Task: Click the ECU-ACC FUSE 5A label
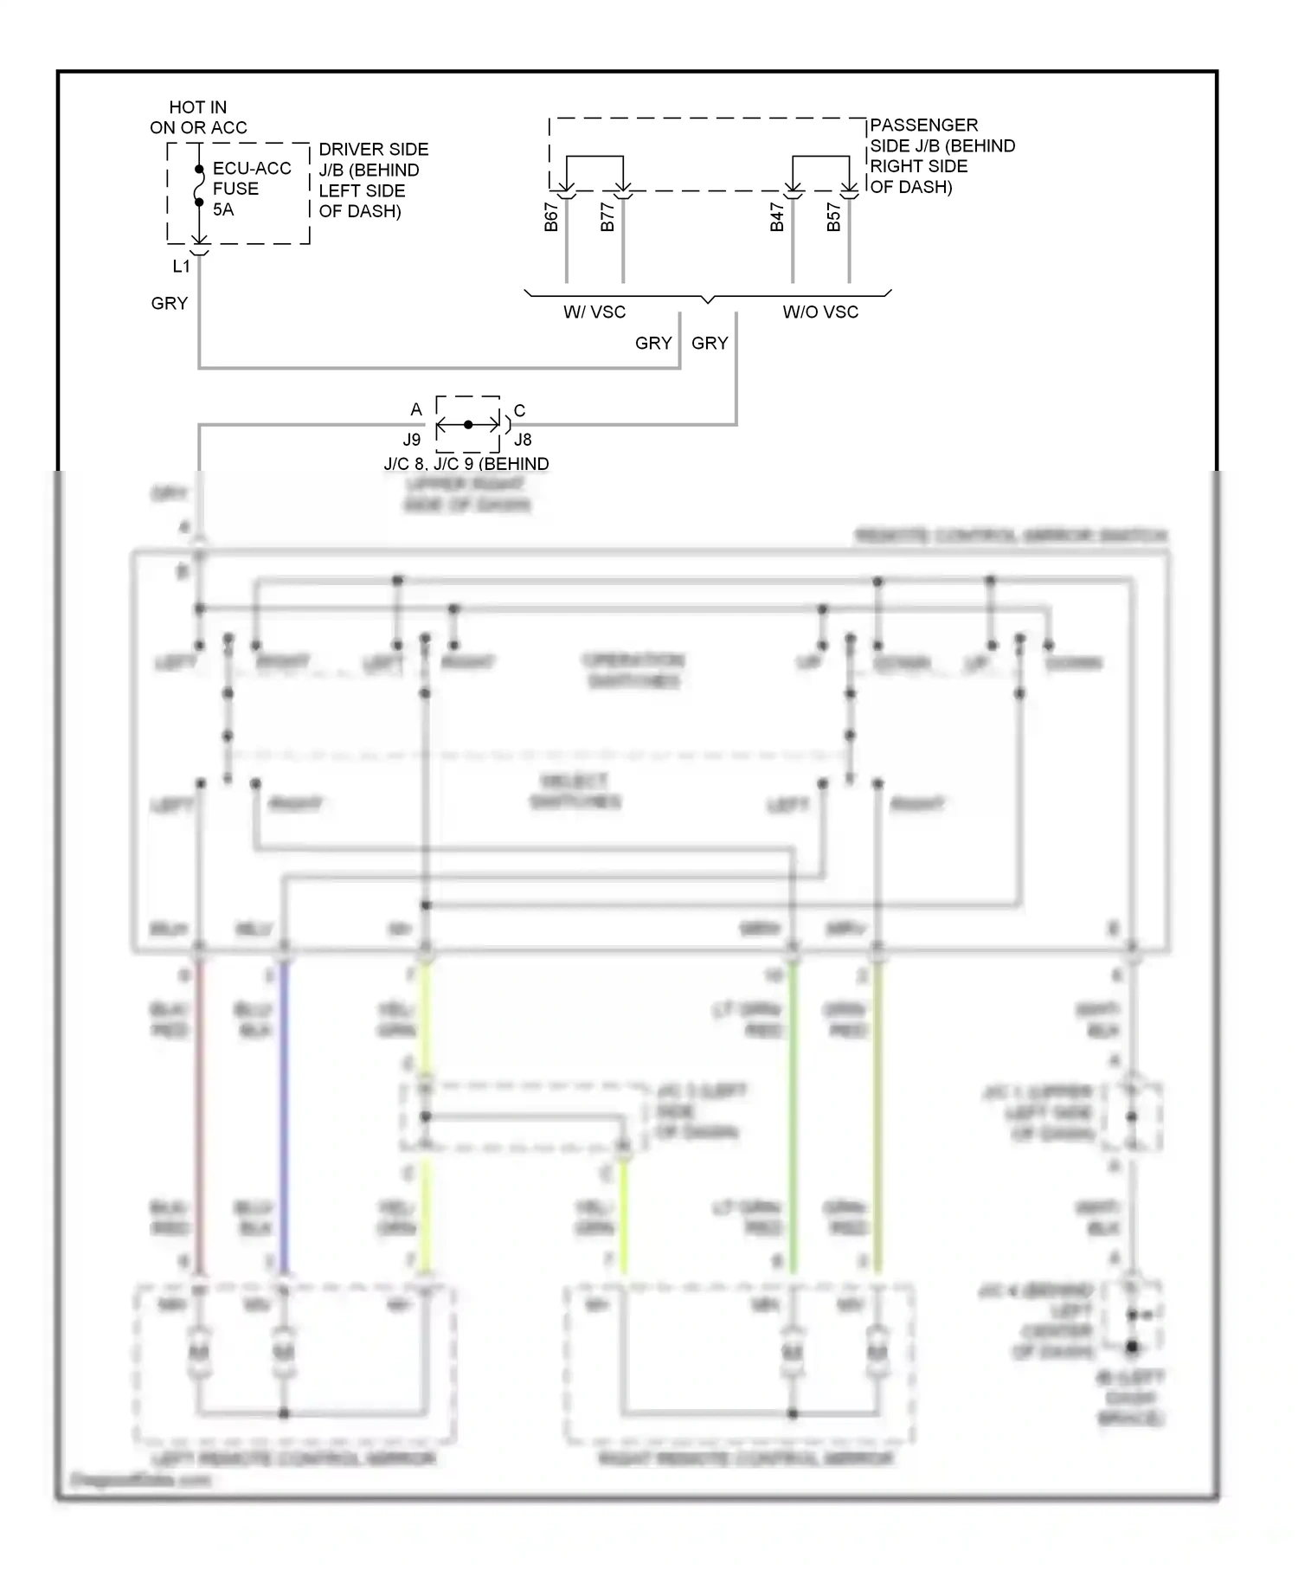click(x=251, y=189)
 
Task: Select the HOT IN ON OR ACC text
click(x=198, y=117)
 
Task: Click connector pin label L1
click(x=181, y=267)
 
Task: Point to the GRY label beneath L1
click(x=170, y=304)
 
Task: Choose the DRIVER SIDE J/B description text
click(x=373, y=180)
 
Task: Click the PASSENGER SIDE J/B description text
click(x=941, y=156)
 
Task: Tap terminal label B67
click(x=551, y=217)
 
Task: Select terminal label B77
click(x=607, y=217)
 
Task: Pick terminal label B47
click(x=777, y=217)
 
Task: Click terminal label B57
click(x=833, y=217)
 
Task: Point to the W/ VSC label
click(x=594, y=312)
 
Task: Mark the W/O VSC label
click(x=820, y=312)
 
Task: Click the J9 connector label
click(x=412, y=440)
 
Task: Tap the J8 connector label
click(x=523, y=440)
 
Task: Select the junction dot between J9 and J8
click(x=468, y=425)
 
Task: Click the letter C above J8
click(x=519, y=410)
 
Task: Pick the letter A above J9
click(x=416, y=409)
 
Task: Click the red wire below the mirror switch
click(x=199, y=1116)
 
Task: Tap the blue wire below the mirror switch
click(x=284, y=1116)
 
